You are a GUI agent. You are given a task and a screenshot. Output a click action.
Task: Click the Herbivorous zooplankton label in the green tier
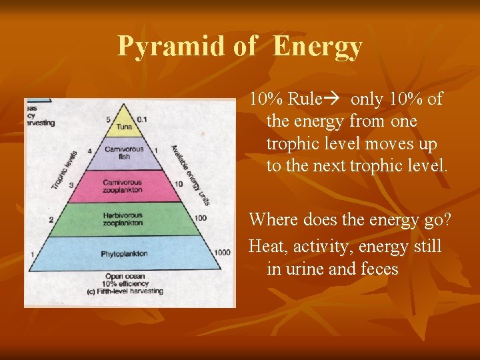123,219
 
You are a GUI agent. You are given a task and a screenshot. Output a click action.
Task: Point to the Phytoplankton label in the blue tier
124,253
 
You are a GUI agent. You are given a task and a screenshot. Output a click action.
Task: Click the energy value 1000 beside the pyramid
223,253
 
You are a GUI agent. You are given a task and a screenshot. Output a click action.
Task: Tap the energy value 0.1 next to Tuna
141,119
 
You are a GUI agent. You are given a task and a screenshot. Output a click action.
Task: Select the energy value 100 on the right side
200,218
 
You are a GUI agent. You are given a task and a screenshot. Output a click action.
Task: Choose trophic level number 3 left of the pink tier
70,184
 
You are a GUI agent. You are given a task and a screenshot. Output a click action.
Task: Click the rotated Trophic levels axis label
64,169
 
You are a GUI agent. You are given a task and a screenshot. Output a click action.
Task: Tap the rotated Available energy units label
189,175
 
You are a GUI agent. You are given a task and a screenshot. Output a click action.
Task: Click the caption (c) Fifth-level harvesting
124,291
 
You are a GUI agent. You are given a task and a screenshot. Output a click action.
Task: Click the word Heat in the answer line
265,247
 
